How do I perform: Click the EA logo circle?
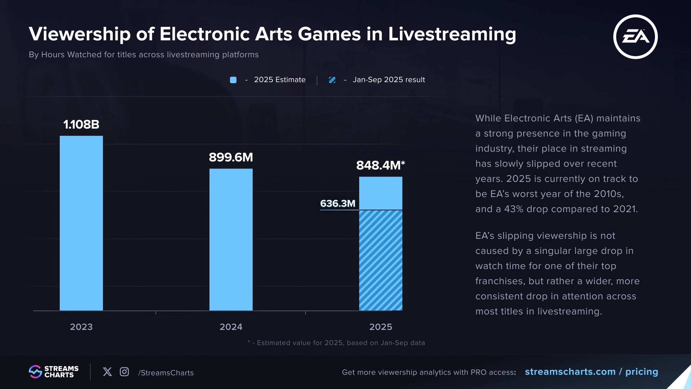pos(635,37)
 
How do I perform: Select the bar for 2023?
pos(81,223)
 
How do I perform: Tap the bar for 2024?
pos(231,240)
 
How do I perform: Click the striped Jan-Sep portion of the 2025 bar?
pos(381,260)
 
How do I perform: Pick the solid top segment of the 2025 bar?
pos(381,193)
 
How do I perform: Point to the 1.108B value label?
pos(81,125)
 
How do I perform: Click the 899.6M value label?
pos(231,157)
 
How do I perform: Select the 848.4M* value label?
pos(380,165)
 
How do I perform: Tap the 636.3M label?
pos(338,204)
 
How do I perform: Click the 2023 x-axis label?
pos(81,327)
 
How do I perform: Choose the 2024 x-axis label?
pos(231,327)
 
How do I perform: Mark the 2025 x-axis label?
pos(381,327)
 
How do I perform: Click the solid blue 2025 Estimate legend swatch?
pos(233,80)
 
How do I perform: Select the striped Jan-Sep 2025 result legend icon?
pos(332,80)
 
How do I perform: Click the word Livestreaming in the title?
pos(452,34)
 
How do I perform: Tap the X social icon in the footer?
pos(107,372)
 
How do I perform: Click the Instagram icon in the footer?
pos(124,372)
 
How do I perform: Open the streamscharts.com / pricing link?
pos(591,372)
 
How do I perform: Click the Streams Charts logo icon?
pos(35,372)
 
